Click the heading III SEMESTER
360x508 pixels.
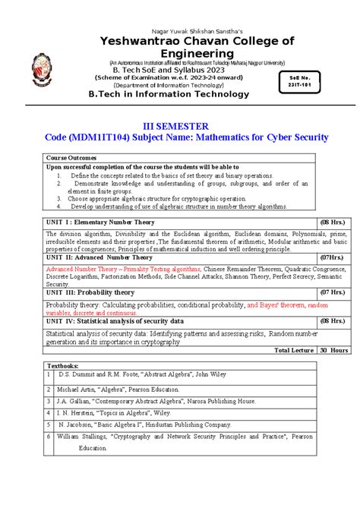[x=179, y=125]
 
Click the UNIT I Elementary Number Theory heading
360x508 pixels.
[x=93, y=222]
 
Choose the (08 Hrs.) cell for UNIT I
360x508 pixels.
[x=333, y=222]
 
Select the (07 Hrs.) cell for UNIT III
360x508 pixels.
[x=333, y=292]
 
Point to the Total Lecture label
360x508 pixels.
[x=294, y=350]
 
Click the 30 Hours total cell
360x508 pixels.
[x=333, y=350]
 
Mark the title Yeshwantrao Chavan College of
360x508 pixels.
[x=179, y=41]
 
